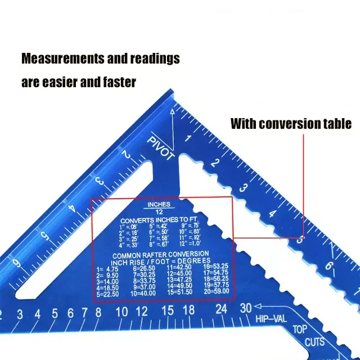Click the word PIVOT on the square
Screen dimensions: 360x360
click(x=160, y=147)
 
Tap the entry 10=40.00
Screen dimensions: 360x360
click(x=143, y=294)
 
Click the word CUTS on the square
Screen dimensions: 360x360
click(x=315, y=341)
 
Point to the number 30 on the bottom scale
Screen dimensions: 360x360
click(x=245, y=308)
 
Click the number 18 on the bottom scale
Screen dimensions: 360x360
click(x=188, y=310)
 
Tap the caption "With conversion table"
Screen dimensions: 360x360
click(x=291, y=123)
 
